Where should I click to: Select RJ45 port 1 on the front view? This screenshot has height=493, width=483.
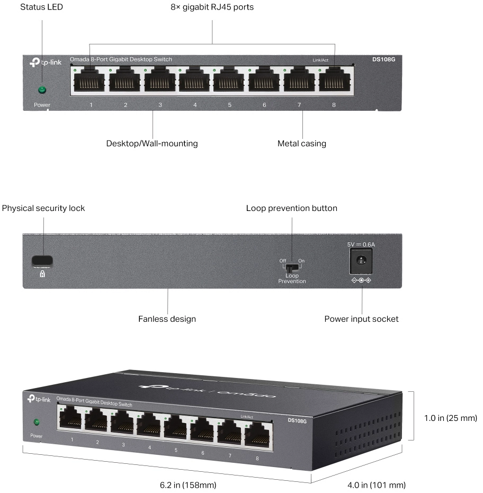tap(90, 82)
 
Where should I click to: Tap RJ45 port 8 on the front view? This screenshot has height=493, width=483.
tap(334, 82)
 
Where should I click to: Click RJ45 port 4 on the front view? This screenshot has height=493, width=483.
tap(194, 82)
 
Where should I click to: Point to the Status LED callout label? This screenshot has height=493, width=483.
tap(41, 8)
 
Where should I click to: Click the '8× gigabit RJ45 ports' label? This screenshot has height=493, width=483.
tap(212, 8)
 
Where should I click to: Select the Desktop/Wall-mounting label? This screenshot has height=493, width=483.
tap(152, 143)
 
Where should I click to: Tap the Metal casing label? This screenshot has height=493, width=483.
tap(302, 143)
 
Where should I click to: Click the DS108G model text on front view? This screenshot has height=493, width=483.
tap(383, 59)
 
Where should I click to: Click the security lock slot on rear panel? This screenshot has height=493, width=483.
tap(42, 260)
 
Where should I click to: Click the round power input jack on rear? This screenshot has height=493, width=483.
tap(361, 260)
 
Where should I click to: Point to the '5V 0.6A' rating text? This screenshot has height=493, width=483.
tap(361, 244)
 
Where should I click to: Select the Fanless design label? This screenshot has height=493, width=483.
tap(167, 319)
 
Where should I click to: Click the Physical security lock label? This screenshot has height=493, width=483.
tap(43, 208)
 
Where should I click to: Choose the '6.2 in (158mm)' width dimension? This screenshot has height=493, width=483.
tap(188, 485)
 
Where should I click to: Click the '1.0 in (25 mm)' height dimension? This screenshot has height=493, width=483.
tap(451, 418)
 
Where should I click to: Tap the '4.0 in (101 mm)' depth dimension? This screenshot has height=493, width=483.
tap(377, 485)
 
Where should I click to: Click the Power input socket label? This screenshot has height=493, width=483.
tap(361, 319)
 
